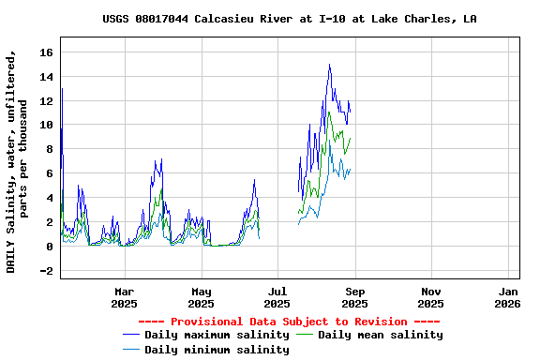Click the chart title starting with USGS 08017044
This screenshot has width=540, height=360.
click(289, 19)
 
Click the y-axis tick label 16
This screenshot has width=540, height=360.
click(46, 52)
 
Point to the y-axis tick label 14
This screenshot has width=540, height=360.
click(46, 77)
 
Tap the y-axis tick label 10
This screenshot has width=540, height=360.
click(46, 126)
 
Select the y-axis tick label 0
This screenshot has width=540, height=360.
click(50, 247)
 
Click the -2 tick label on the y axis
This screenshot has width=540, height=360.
click(46, 271)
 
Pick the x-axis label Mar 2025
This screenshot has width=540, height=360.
click(124, 297)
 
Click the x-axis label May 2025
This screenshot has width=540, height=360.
click(201, 297)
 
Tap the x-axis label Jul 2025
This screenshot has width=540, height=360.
click(277, 297)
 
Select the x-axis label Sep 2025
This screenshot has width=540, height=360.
click(354, 297)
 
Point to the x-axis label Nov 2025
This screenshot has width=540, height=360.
click(431, 297)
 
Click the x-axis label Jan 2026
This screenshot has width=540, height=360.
click(507, 297)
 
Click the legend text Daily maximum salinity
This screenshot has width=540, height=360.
click(217, 335)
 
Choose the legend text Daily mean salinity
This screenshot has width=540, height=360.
click(381, 335)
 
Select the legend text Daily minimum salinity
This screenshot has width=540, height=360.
click(217, 350)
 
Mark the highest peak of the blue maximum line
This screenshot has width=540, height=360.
click(329, 65)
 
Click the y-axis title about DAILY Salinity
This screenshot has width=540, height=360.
click(18, 164)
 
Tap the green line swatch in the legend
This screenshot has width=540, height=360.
click(305, 335)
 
